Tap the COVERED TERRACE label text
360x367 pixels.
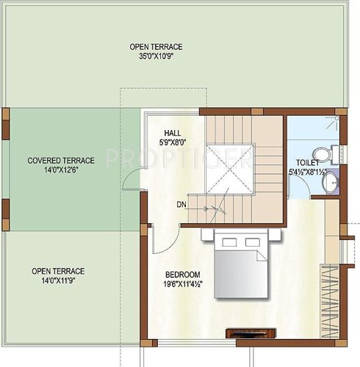point(61,160)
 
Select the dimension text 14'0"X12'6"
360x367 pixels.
point(61,170)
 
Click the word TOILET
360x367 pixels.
point(308,163)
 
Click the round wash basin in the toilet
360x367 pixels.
point(332,181)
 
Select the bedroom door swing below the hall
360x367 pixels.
point(162,239)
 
